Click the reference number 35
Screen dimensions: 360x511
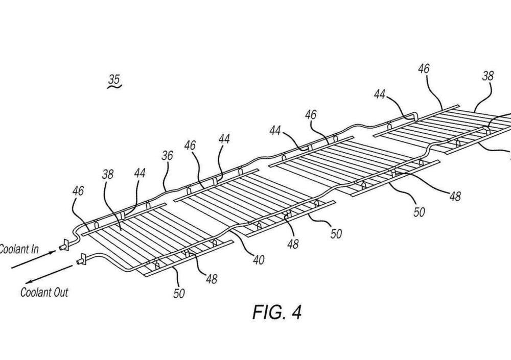click(114, 79)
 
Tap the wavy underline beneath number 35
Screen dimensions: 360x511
click(114, 88)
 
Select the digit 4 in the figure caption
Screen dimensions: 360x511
click(295, 313)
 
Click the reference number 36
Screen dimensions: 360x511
click(167, 156)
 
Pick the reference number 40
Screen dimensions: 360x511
click(259, 260)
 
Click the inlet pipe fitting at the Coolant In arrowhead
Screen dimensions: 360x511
click(65, 245)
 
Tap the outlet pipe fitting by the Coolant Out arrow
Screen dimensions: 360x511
click(81, 261)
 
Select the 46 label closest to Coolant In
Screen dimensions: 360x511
click(78, 191)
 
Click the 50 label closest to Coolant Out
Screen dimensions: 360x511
click(179, 293)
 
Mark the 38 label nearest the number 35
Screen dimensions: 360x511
click(108, 174)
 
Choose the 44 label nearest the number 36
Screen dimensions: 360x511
click(140, 173)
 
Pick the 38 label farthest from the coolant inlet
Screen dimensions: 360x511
click(488, 76)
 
